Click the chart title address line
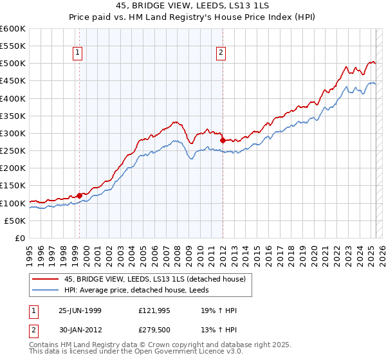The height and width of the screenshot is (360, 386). click(x=193, y=6)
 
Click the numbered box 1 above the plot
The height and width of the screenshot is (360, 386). click(x=77, y=53)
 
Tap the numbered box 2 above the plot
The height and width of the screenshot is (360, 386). click(x=221, y=53)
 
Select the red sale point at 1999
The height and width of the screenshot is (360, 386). click(x=79, y=195)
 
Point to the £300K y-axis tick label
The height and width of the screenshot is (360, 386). click(x=13, y=133)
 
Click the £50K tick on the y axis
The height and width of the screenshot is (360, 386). click(x=15, y=221)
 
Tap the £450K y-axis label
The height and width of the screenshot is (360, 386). click(x=13, y=81)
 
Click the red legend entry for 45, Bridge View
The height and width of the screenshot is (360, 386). click(x=154, y=279)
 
